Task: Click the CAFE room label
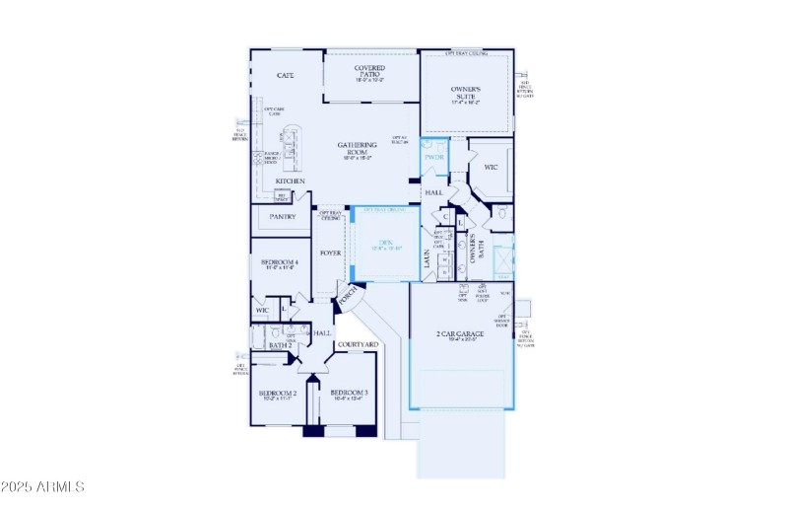[x=286, y=75]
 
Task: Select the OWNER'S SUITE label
[x=465, y=92]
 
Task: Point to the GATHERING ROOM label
[x=357, y=149]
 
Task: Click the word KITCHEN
[x=290, y=182]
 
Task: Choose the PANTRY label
[x=283, y=217]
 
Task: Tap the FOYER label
[x=329, y=253]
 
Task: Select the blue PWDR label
[x=434, y=157]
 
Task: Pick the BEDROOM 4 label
[x=280, y=263]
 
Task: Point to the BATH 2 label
[x=280, y=345]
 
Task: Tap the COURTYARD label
[x=357, y=344]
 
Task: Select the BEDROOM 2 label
[x=278, y=394]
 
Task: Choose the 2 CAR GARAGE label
[x=461, y=335]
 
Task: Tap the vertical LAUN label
[x=427, y=258]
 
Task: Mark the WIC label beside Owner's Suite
[x=490, y=167]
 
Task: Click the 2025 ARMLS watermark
[x=43, y=487]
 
